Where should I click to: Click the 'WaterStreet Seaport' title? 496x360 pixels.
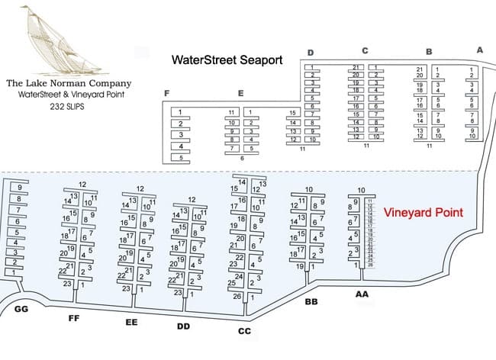(227, 59)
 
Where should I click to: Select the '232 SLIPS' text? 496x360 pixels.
(68, 109)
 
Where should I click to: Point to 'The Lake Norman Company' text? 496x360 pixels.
(68, 83)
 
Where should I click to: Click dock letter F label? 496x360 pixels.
(166, 93)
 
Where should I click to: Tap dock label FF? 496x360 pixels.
(74, 317)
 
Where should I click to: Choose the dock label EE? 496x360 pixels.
(131, 323)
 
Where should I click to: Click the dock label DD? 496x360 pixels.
(183, 327)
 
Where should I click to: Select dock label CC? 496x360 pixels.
(245, 332)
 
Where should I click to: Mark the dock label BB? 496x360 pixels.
(311, 303)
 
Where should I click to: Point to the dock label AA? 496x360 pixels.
(362, 293)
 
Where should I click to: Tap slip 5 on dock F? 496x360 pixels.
(181, 158)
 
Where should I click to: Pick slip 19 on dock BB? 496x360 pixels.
(298, 266)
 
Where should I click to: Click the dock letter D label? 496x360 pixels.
(310, 52)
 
